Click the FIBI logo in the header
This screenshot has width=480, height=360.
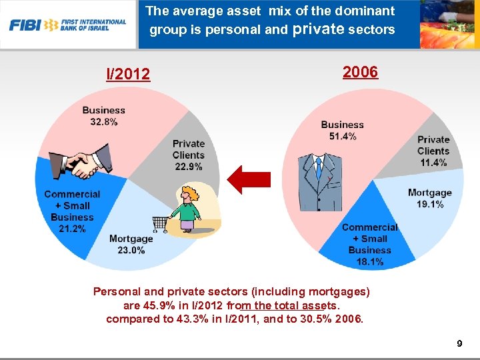tap(67, 25)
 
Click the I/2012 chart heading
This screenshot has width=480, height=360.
tap(129, 73)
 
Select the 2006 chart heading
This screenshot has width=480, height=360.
tap(360, 72)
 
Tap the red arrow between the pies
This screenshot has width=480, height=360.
tap(249, 179)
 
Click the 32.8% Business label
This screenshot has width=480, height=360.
tap(103, 116)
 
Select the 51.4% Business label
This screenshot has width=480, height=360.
tap(342, 130)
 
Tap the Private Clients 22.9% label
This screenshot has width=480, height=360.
tap(189, 155)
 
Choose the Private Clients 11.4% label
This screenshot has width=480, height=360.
tap(433, 151)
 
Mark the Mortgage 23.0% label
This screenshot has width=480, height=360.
tap(131, 244)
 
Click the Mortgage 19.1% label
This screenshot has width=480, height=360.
tap(429, 198)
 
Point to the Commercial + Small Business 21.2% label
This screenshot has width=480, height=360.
tap(72, 211)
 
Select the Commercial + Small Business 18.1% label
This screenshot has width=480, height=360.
tap(369, 244)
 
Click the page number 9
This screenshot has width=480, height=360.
tap(459, 344)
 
